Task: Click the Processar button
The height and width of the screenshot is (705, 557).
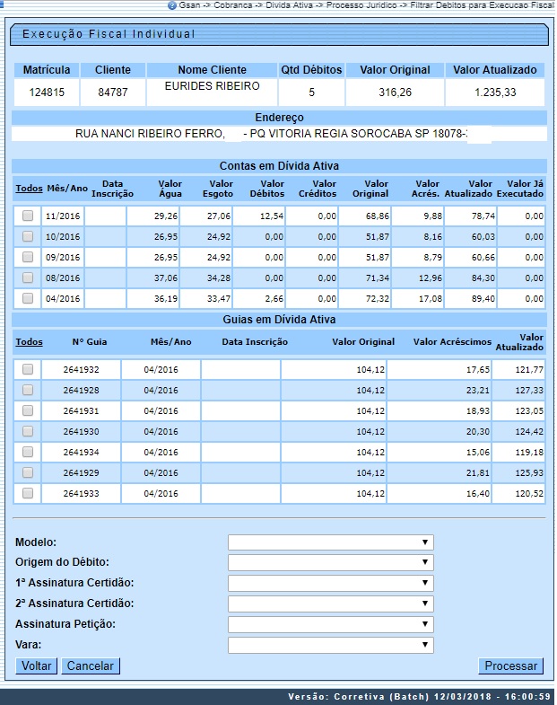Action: coord(511,665)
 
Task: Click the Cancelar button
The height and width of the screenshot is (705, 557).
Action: coord(91,665)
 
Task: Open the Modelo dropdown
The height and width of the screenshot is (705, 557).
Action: coord(330,542)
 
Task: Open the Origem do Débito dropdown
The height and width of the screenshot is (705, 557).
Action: coord(330,562)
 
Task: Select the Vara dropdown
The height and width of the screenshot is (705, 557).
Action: coord(330,645)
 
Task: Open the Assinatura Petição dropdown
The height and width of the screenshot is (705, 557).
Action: coord(330,624)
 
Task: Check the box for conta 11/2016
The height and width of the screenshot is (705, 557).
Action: coord(28,216)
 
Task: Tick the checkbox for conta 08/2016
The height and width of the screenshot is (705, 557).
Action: coord(28,278)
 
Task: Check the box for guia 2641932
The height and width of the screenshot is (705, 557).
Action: coord(28,369)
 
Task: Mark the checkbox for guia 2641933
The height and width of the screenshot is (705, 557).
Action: coord(28,493)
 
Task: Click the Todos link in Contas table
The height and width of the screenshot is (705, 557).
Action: coord(29,189)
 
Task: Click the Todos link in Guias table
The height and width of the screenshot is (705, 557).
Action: coord(29,342)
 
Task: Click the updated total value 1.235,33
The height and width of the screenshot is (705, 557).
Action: coord(495,92)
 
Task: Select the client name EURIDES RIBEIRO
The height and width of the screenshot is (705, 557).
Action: coord(212,86)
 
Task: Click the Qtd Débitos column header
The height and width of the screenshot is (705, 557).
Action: coord(311,70)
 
